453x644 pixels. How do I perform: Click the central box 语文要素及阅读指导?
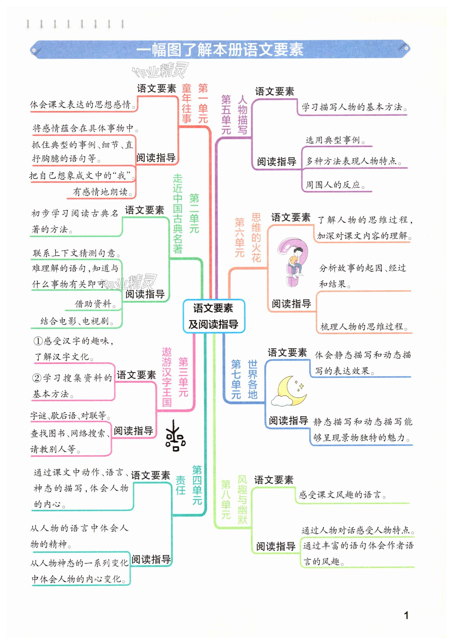pyautogui.click(x=214, y=316)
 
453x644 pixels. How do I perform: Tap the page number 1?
pyautogui.click(x=406, y=615)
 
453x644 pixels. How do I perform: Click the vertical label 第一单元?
pyautogui.click(x=203, y=103)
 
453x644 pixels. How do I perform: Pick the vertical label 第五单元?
pyautogui.click(x=226, y=115)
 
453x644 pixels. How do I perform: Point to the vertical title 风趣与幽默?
pyautogui.click(x=242, y=500)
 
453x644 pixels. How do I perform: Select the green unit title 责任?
pyautogui.click(x=180, y=485)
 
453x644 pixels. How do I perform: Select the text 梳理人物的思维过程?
pyautogui.click(x=364, y=326)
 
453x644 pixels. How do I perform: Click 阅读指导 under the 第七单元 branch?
pyautogui.click(x=288, y=421)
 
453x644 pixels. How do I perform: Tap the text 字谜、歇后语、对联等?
pyautogui.click(x=70, y=415)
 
